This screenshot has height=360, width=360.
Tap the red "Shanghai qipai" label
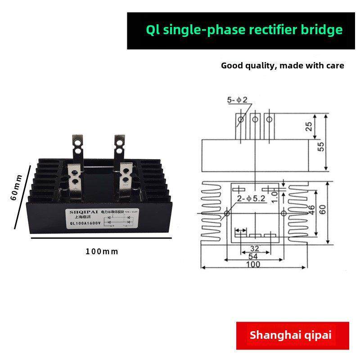290,335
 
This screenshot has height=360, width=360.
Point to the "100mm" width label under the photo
102,251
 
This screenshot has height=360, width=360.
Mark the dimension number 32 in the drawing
255,248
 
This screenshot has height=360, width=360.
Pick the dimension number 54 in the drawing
253,256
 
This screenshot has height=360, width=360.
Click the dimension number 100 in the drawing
253,264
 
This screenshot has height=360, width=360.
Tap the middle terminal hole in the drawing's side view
255,119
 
